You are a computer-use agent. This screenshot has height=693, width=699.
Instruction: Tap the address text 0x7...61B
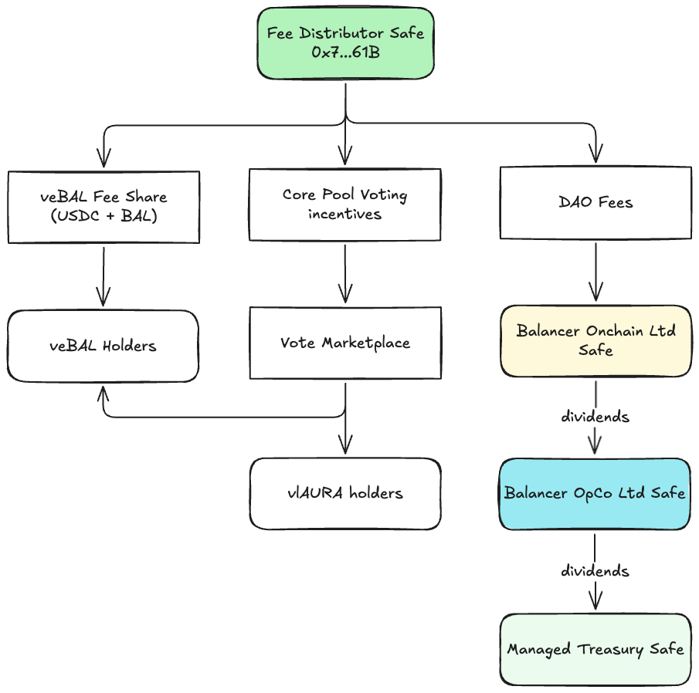[345, 53]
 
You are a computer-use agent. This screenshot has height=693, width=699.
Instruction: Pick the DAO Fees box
[596, 203]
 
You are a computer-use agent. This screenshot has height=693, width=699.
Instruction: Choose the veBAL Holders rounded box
[103, 346]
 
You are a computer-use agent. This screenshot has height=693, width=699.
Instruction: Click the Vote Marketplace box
[345, 343]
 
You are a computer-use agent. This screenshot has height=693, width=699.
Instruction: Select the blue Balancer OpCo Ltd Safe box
[595, 493]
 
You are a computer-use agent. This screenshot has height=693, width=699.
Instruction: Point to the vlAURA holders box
[345, 493]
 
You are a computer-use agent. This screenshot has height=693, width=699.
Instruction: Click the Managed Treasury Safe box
[595, 649]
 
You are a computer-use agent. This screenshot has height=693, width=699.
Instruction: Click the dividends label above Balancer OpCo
[595, 417]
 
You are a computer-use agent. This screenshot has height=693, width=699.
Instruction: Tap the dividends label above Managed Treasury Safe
[595, 571]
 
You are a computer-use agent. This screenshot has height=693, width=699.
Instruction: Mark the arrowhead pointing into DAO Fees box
[596, 157]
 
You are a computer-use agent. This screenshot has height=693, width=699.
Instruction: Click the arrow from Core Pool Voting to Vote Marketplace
[345, 273]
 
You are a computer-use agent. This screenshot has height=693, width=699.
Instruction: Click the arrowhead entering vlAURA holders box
[345, 445]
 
